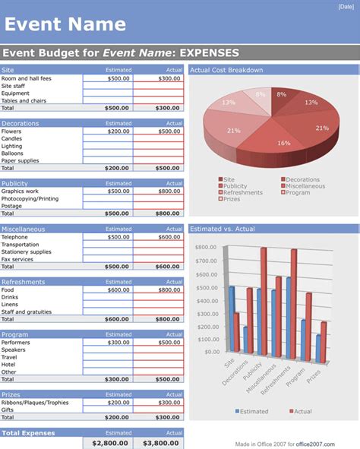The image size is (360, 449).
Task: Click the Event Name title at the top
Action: pyautogui.click(x=65, y=24)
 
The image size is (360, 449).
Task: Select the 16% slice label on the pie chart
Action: pyautogui.click(x=283, y=143)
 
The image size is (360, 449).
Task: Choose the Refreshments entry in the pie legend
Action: pyautogui.click(x=243, y=193)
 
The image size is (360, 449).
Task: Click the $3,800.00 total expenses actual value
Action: pyautogui.click(x=158, y=443)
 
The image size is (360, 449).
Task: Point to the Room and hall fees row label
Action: pyautogui.click(x=27, y=78)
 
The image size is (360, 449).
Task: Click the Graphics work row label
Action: pyautogui.click(x=21, y=191)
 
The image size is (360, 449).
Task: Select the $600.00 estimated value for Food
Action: pyautogui.click(x=118, y=289)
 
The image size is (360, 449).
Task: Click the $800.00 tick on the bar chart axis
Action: pyautogui.click(x=207, y=248)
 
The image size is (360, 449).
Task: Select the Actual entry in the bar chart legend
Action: pyautogui.click(x=302, y=411)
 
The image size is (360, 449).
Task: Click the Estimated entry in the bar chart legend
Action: pyautogui.click(x=253, y=411)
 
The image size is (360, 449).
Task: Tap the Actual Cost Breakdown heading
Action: pyautogui.click(x=226, y=70)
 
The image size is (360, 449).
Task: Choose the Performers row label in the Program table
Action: pyautogui.click(x=16, y=343)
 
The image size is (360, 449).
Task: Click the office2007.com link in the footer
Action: pyautogui.click(x=332, y=444)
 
